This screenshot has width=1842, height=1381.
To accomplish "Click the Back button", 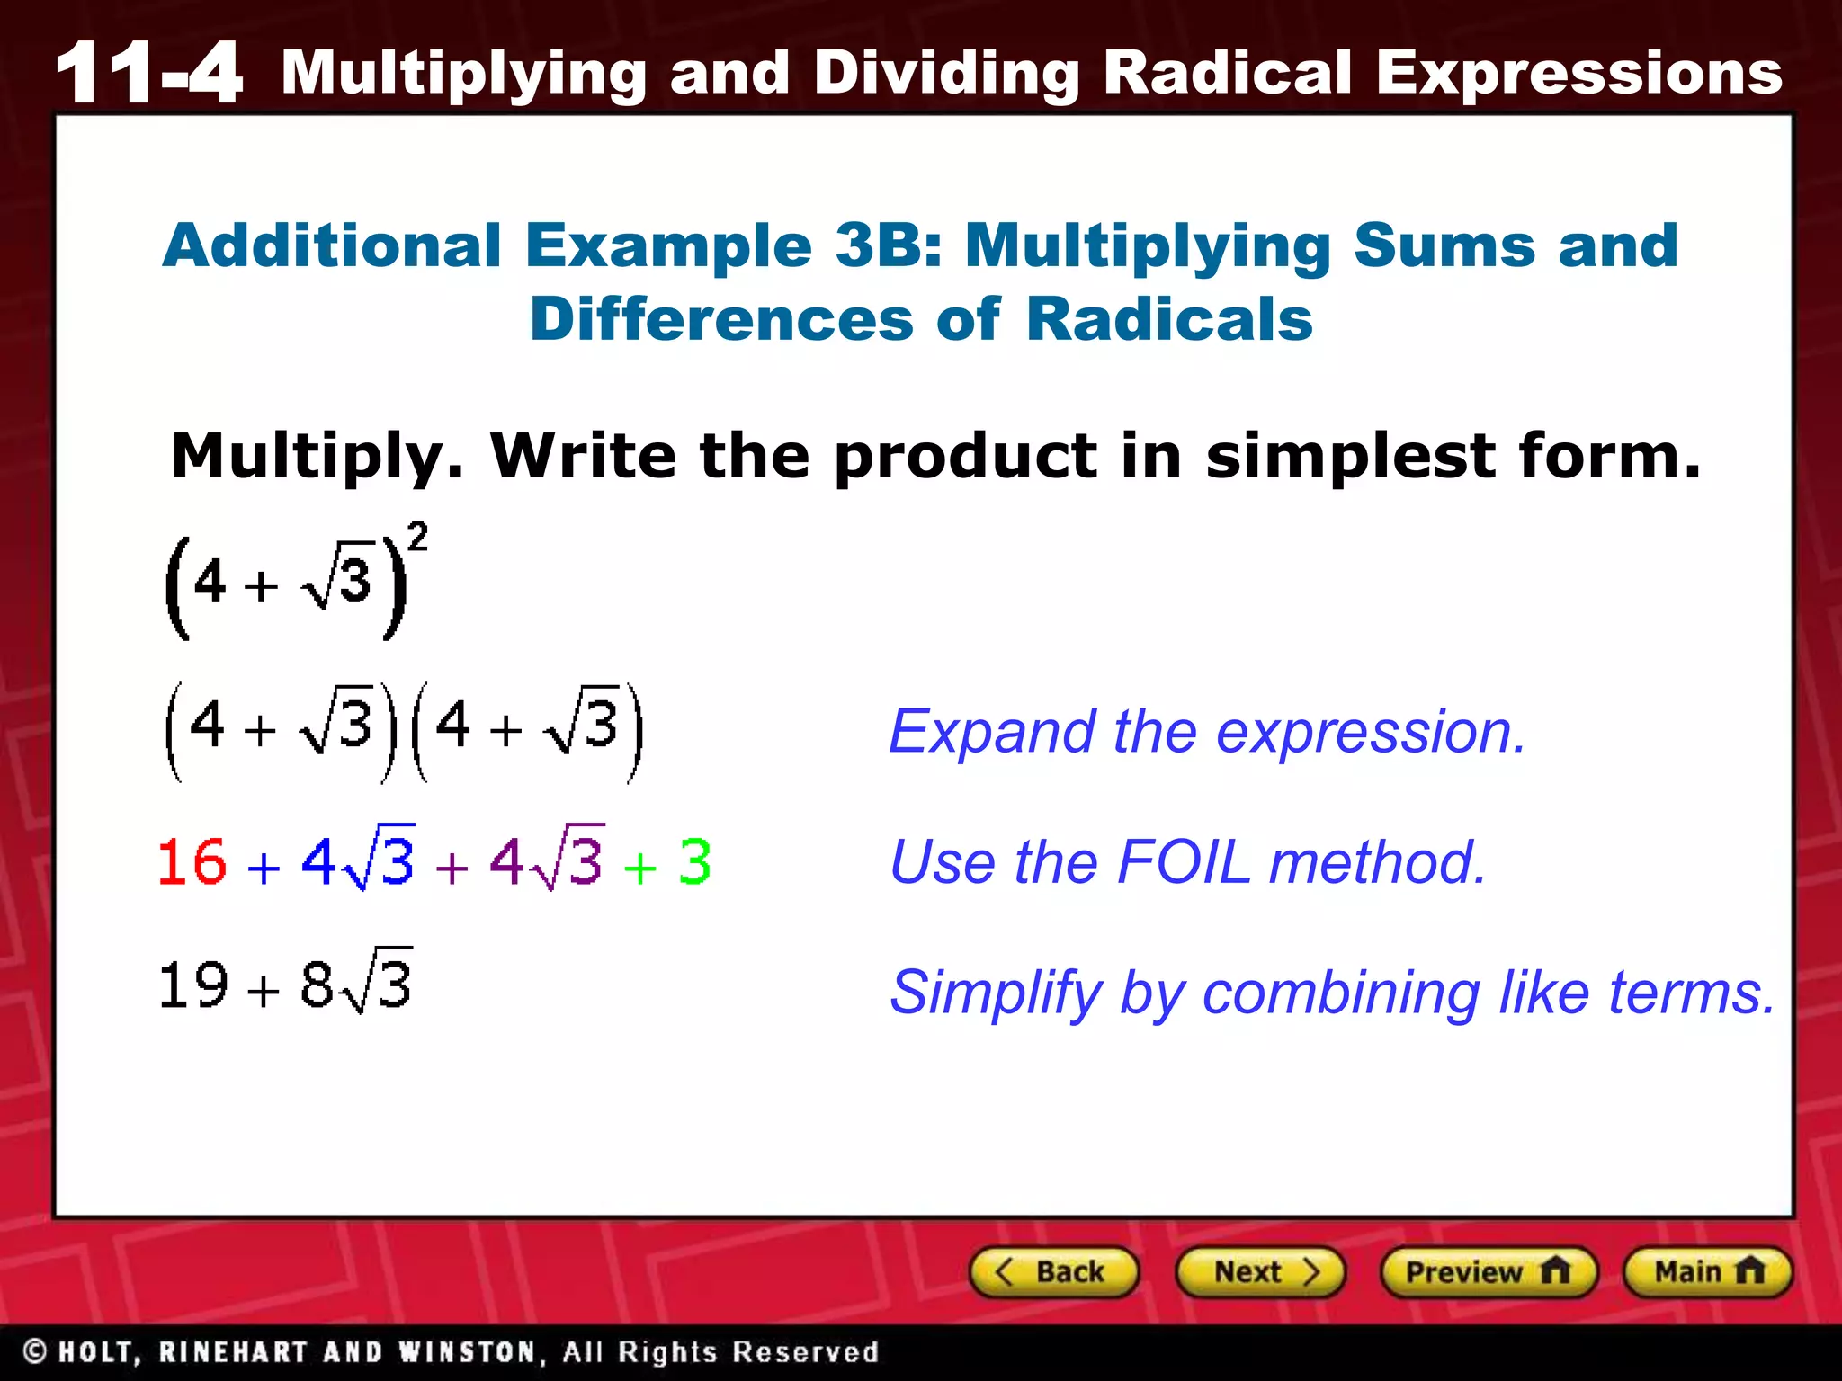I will tap(1053, 1271).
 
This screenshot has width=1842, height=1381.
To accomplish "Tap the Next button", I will tap(1259, 1271).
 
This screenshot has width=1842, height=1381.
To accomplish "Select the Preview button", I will tap(1488, 1271).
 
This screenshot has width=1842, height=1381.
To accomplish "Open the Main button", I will tap(1706, 1271).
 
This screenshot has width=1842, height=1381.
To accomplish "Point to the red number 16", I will tap(192, 861).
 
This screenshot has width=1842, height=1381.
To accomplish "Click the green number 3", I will tap(694, 861).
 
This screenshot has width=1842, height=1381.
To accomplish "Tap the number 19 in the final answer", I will tap(192, 985).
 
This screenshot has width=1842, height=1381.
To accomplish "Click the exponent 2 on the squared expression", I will tap(417, 537).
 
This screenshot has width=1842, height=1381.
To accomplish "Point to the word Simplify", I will tap(994, 993).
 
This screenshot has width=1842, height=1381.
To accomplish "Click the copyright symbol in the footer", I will tap(35, 1351).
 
